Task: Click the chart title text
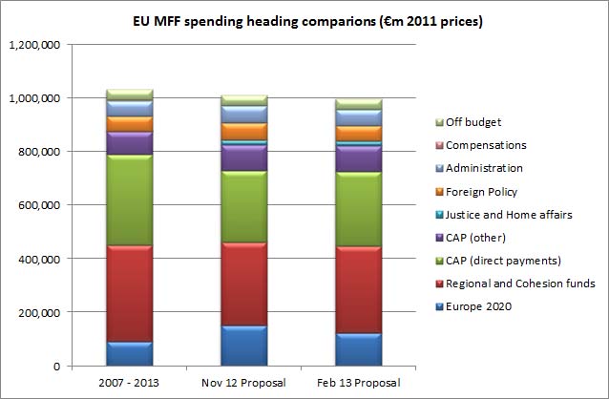tap(304, 20)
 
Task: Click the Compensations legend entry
tap(487, 145)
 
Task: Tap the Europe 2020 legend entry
tap(479, 306)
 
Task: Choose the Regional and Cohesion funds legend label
tap(520, 283)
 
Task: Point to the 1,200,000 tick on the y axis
tap(34, 44)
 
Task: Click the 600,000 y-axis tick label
tap(38, 205)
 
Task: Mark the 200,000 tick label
tap(38, 312)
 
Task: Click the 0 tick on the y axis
tap(57, 366)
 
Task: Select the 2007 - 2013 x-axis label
tap(130, 383)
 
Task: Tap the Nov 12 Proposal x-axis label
tap(244, 383)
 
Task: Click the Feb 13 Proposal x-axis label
tap(359, 383)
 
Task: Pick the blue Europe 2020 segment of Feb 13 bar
tap(359, 349)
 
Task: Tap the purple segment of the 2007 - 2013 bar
tap(130, 143)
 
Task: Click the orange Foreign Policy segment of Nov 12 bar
tap(244, 131)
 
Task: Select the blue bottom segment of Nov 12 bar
tap(244, 346)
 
